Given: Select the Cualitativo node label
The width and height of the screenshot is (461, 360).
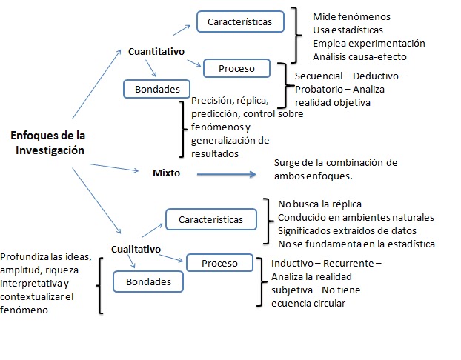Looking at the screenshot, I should coord(136,249).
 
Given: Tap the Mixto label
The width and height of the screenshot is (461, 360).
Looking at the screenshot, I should coord(167,172).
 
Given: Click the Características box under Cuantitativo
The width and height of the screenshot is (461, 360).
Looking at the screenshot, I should coord(239,21).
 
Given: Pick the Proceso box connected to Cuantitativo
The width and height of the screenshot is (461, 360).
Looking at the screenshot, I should coord(237,69).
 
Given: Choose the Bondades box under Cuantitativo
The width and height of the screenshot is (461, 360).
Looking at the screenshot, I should coord(157,90).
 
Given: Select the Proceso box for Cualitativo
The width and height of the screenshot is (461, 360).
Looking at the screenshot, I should coord(219,263).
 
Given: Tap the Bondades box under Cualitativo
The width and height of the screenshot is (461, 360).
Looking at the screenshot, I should coord(148,281).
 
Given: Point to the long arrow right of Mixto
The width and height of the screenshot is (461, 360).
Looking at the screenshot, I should coord(227,175).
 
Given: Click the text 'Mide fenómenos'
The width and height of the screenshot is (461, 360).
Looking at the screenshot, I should coord(351,16).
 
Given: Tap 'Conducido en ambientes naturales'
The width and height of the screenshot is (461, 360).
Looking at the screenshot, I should coord(356,217).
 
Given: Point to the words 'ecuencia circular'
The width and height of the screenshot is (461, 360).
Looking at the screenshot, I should coord(308,303).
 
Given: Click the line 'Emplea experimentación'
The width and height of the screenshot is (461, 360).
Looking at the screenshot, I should coord(369,43).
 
